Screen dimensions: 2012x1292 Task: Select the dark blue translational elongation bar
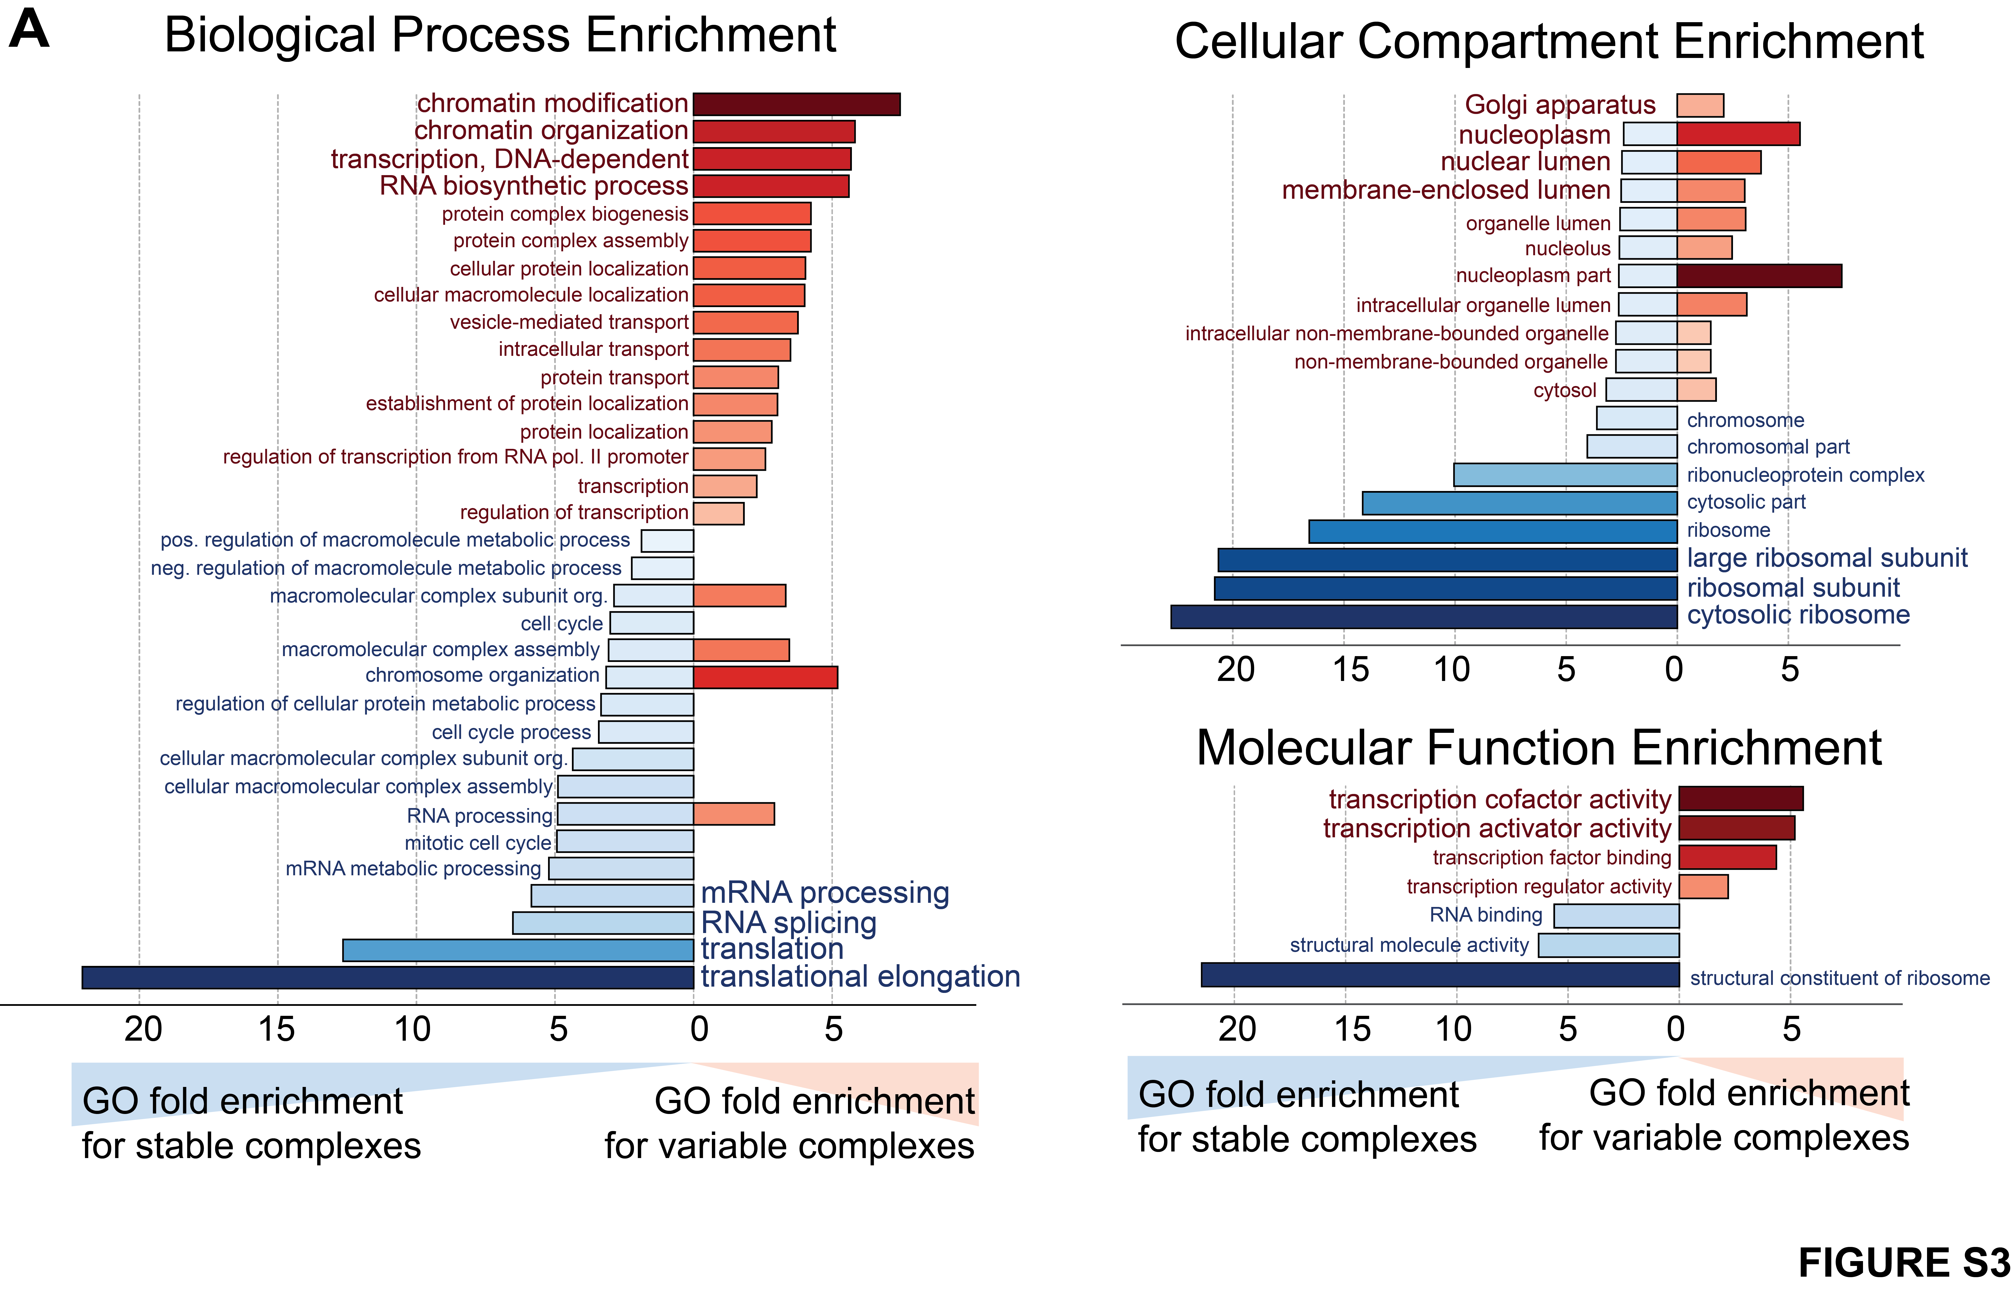click(387, 977)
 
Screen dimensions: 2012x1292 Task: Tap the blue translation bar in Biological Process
click(518, 950)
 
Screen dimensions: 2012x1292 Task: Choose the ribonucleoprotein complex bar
click(1565, 475)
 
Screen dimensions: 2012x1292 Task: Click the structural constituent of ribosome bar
click(1440, 975)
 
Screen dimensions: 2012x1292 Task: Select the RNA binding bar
click(1616, 915)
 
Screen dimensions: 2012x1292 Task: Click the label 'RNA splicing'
click(788, 922)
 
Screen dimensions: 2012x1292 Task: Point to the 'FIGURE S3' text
click(1904, 1263)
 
